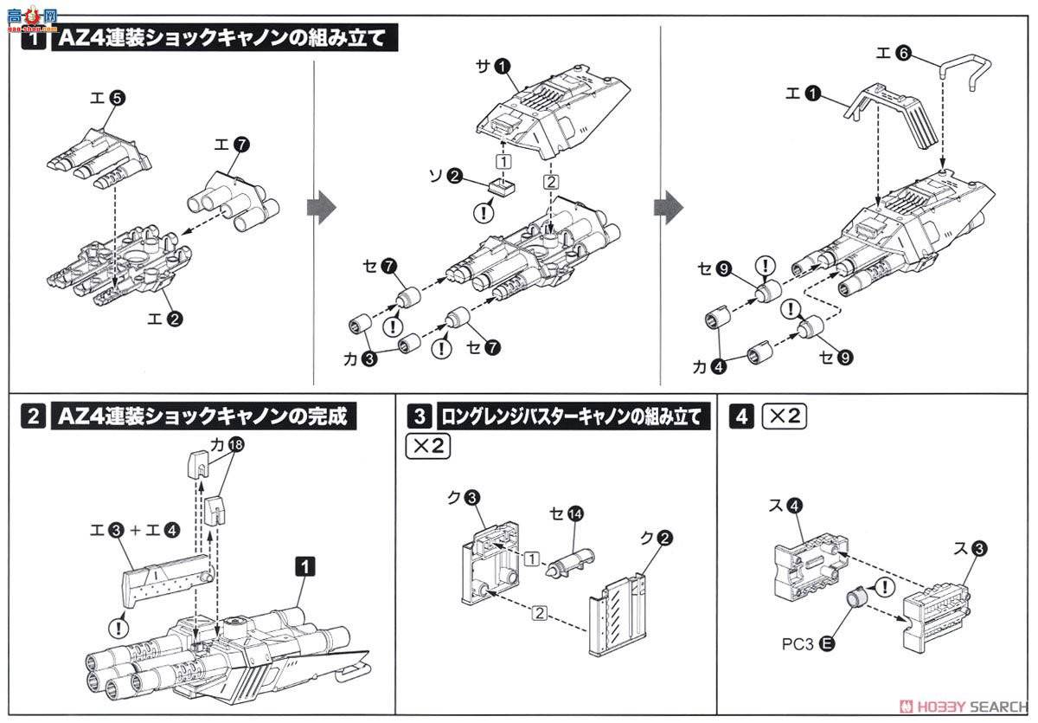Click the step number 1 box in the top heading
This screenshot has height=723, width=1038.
pos(32,39)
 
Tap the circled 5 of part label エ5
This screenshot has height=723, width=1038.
pos(118,99)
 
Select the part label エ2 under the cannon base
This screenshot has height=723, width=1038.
pos(164,319)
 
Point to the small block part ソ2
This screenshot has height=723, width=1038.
pos(499,184)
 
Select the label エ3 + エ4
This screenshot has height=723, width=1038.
pos(126,526)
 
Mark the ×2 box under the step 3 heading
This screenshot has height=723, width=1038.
pos(427,448)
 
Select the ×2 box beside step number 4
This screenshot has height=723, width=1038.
pos(784,416)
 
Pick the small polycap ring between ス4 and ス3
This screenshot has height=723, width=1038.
pos(856,597)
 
